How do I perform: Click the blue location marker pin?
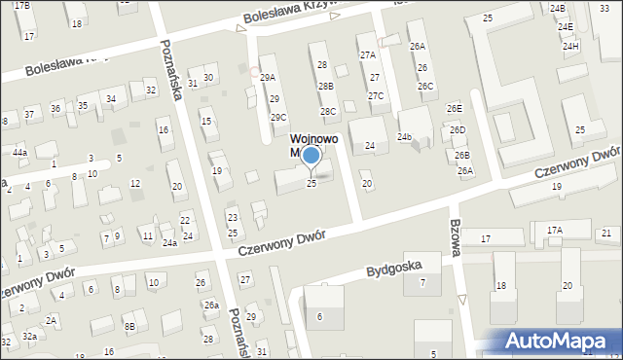(311, 156)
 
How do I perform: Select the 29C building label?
(278, 118)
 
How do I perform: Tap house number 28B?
(325, 87)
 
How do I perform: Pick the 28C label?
(328, 111)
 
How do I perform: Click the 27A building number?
(368, 55)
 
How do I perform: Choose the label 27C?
(376, 95)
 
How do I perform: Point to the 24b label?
(405, 137)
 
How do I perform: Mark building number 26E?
(455, 108)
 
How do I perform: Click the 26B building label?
(461, 155)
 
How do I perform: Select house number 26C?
(425, 86)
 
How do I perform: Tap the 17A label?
(554, 231)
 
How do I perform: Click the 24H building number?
(570, 46)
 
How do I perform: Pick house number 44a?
(19, 153)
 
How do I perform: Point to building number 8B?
(128, 326)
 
